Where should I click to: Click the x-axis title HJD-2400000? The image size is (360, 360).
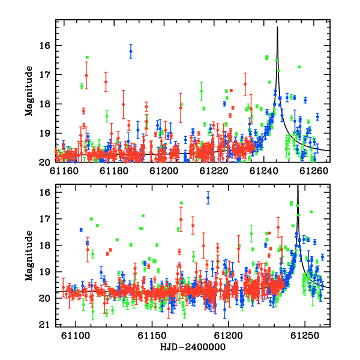click(x=193, y=347)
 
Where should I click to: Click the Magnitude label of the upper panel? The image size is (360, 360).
click(x=29, y=91)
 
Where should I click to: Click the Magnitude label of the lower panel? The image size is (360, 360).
click(x=29, y=256)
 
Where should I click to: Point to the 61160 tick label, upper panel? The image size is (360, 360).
click(x=64, y=171)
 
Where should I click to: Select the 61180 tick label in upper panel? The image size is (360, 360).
click(x=114, y=171)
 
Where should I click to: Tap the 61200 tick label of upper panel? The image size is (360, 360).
click(x=164, y=171)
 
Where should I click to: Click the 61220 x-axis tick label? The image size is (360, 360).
click(x=214, y=171)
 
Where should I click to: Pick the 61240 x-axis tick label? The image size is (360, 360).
click(x=264, y=171)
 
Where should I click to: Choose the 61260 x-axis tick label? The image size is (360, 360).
click(x=314, y=171)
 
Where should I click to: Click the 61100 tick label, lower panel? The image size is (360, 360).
click(x=76, y=335)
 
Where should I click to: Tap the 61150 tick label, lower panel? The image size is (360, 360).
click(x=152, y=335)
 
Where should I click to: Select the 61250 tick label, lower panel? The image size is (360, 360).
click(x=305, y=335)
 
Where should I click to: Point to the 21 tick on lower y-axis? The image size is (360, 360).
click(x=44, y=325)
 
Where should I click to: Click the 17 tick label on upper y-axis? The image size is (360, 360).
click(x=44, y=74)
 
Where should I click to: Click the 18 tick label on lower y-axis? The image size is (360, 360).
click(x=44, y=245)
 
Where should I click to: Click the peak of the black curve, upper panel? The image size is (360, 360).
click(x=277, y=27)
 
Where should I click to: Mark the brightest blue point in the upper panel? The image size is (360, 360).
click(x=131, y=51)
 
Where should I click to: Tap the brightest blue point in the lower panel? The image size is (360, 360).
click(x=208, y=197)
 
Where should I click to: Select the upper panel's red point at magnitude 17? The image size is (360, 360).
click(x=86, y=76)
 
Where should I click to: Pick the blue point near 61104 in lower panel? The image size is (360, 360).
click(x=81, y=230)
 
